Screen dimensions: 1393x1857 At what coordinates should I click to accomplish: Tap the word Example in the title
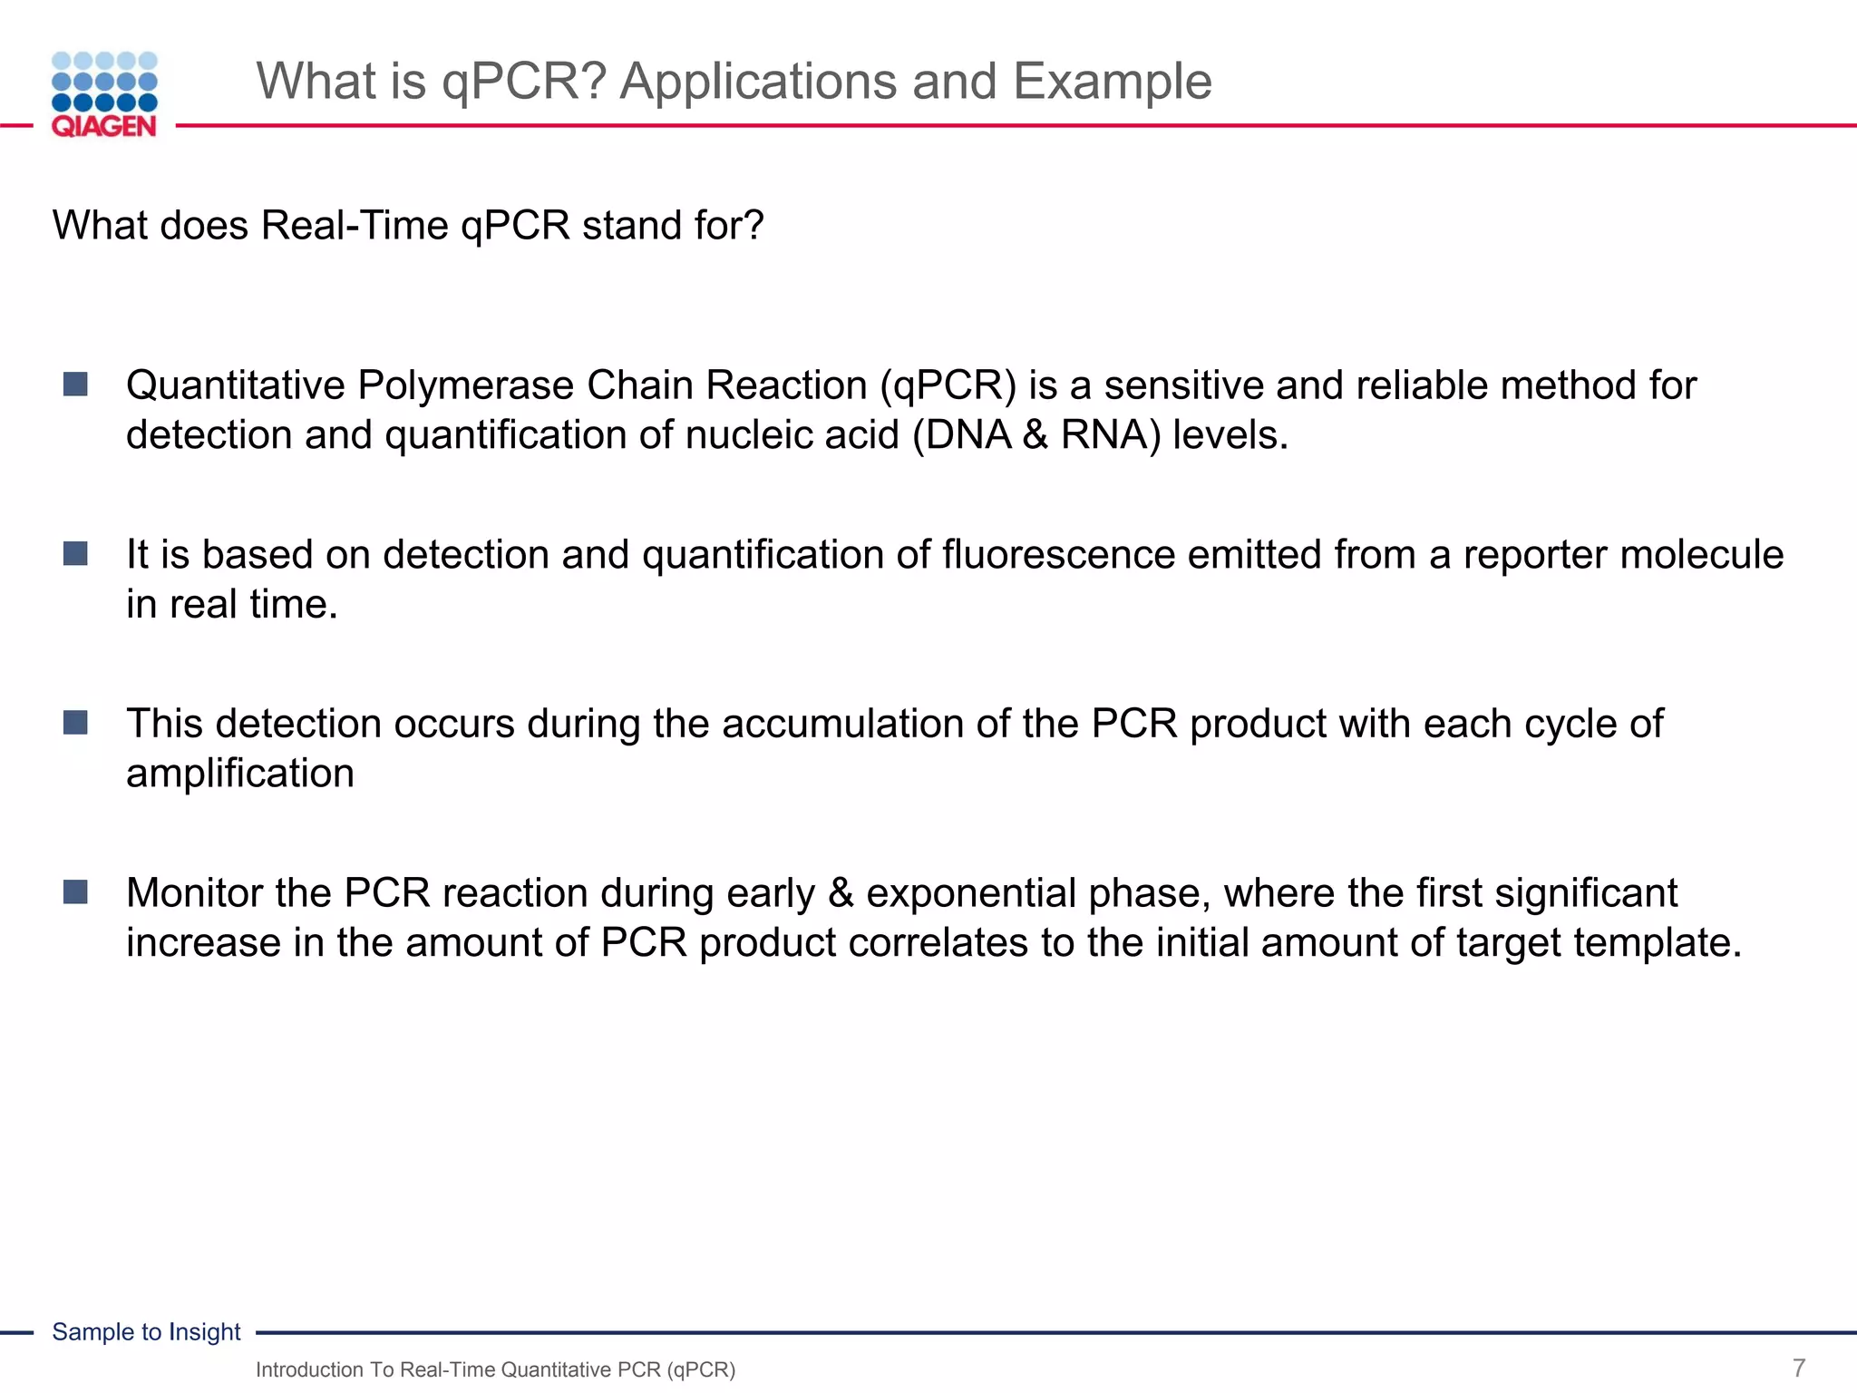pyautogui.click(x=1112, y=82)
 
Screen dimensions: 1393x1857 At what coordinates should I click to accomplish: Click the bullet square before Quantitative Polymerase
pyautogui.click(x=75, y=385)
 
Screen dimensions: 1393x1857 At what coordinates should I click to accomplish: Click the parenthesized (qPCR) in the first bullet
pyautogui.click(x=948, y=385)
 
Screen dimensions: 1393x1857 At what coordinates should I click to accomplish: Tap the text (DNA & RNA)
pyautogui.click(x=1035, y=435)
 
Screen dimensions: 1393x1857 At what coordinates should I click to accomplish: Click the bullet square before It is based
pyautogui.click(x=75, y=553)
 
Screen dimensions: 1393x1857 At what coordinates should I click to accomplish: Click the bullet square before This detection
pyautogui.click(x=75, y=723)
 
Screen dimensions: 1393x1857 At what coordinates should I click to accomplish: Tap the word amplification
pyautogui.click(x=240, y=774)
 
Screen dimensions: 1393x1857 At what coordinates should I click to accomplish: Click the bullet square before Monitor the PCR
pyautogui.click(x=75, y=892)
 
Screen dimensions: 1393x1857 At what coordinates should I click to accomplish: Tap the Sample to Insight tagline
pyautogui.click(x=146, y=1331)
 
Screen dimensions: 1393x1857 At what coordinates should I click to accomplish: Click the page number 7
pyautogui.click(x=1799, y=1368)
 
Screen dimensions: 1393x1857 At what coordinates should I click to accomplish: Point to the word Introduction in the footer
pyautogui.click(x=309, y=1369)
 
